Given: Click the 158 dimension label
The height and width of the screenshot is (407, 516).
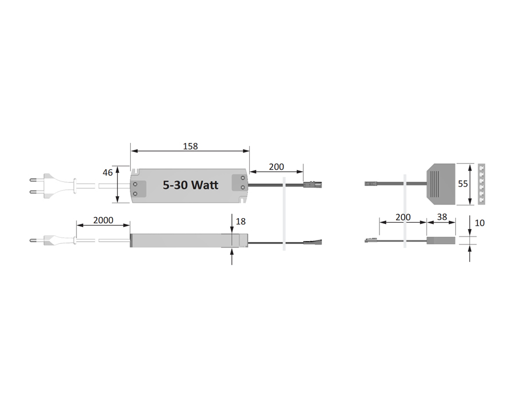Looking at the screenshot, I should coord(190,146).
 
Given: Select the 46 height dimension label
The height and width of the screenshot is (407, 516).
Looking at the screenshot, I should coord(107,172).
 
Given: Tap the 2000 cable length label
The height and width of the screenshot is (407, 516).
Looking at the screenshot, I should coord(103,220).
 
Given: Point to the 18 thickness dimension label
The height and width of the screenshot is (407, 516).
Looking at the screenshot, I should coord(240,221).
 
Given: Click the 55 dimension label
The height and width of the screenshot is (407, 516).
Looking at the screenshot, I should coord(463,184).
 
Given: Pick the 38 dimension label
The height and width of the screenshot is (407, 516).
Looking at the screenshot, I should coord(441,217).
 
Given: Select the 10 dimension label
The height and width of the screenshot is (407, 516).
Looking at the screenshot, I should coord(480,223).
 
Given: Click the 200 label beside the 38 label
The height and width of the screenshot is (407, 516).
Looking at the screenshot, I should coord(403,217).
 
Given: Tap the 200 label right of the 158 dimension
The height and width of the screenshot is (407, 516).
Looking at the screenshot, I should coord(276,167).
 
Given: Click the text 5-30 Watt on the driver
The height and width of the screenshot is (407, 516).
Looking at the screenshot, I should coord(190,185).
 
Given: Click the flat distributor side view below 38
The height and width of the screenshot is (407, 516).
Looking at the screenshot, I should coord(441,241).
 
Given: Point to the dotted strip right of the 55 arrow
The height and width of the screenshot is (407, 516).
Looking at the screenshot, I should coord(481,184).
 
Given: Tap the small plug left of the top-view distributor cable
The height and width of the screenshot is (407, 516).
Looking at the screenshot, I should coord(371,184).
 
